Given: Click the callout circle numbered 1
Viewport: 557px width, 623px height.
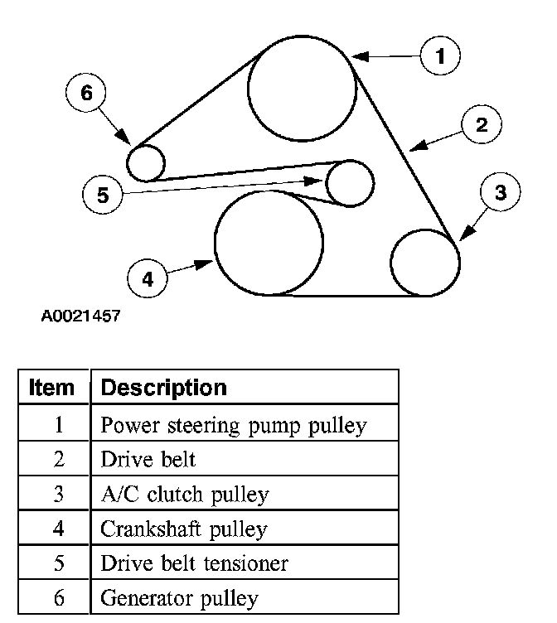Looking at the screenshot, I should pyautogui.click(x=440, y=56).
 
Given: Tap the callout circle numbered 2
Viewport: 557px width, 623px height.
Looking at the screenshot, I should pyautogui.click(x=482, y=125).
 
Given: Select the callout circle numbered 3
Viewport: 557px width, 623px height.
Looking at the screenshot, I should pyautogui.click(x=500, y=192).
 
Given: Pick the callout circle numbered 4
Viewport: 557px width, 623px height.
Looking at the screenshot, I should pyautogui.click(x=148, y=279).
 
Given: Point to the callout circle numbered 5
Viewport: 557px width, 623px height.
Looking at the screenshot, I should pyautogui.click(x=103, y=196).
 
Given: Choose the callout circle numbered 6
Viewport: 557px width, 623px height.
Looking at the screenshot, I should pyautogui.click(x=86, y=93).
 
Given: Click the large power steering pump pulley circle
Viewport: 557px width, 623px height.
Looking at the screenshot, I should pyautogui.click(x=302, y=89).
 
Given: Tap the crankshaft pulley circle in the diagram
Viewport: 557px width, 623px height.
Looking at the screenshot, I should pyautogui.click(x=269, y=242).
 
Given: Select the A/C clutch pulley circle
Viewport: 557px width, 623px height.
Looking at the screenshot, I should pyautogui.click(x=424, y=263).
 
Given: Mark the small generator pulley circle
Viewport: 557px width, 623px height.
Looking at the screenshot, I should pyautogui.click(x=147, y=162).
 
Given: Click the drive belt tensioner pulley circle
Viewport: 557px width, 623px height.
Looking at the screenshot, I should pyautogui.click(x=349, y=183).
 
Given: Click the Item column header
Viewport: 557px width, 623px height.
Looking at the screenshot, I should pyautogui.click(x=52, y=387).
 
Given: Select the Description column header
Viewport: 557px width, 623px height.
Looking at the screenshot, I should pyautogui.click(x=163, y=387).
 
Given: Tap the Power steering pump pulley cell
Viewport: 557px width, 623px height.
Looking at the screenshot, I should pyautogui.click(x=233, y=426).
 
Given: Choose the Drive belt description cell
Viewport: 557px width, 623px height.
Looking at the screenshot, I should pyautogui.click(x=148, y=460).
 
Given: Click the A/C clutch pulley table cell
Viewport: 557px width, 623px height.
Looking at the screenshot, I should pyautogui.click(x=184, y=495).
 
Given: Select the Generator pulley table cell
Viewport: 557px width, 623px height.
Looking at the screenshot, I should pyautogui.click(x=179, y=598).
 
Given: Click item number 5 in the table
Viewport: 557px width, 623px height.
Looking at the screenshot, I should pyautogui.click(x=59, y=564).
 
